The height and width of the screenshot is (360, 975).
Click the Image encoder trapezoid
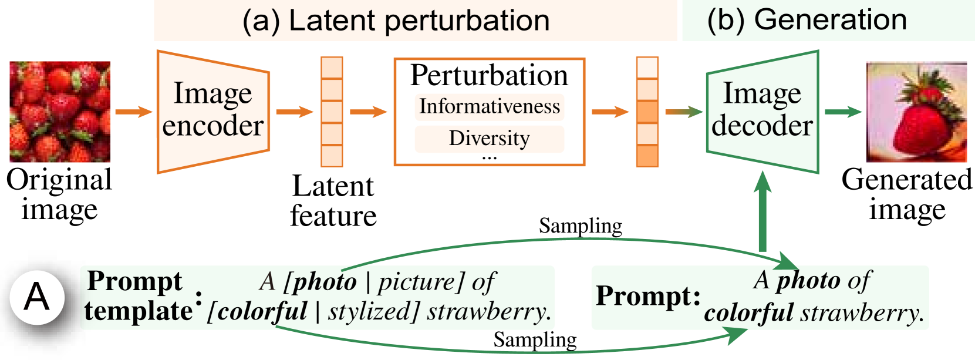[x=213, y=112]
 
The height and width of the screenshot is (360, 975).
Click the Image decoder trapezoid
[x=762, y=112]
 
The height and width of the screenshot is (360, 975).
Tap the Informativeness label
[x=489, y=107]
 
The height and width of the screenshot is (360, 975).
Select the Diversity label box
[x=489, y=139]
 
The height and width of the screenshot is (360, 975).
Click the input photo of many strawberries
[x=60, y=112]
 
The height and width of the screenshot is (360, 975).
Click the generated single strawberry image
[x=916, y=112]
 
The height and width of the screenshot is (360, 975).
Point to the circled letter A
[x=36, y=297]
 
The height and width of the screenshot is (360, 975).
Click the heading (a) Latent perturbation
[x=396, y=21]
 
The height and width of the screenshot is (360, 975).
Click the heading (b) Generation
[x=807, y=19]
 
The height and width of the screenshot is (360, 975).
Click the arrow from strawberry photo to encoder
[x=133, y=112]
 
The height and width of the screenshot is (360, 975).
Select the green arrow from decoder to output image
[x=843, y=112]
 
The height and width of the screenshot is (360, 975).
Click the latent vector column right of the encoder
[x=332, y=112]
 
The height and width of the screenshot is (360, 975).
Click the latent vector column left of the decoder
[x=647, y=112]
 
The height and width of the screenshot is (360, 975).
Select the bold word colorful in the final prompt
[x=748, y=313]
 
